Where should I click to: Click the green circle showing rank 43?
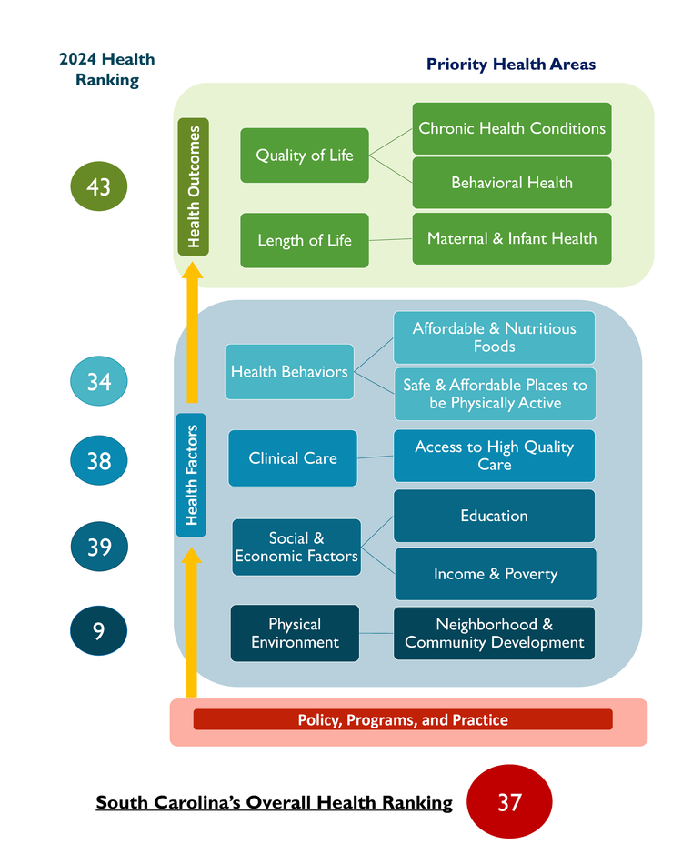98,186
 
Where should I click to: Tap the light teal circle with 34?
98,381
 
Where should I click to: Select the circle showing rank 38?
98,460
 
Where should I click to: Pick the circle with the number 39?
99,546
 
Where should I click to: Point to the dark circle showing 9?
98,630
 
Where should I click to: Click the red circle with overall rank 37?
509,801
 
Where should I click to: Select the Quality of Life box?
305,156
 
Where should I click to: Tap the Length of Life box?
305,240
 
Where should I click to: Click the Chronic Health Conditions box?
512,128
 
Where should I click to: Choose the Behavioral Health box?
512,183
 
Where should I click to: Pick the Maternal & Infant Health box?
512,238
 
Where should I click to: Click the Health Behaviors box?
289,372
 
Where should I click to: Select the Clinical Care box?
293,457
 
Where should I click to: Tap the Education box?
494,516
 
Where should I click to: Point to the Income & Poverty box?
496,574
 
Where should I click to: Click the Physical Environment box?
295,633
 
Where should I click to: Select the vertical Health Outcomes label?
194,186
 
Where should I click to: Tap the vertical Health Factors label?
191,475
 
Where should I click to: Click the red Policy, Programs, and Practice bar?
403,719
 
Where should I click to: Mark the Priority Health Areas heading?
511,65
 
